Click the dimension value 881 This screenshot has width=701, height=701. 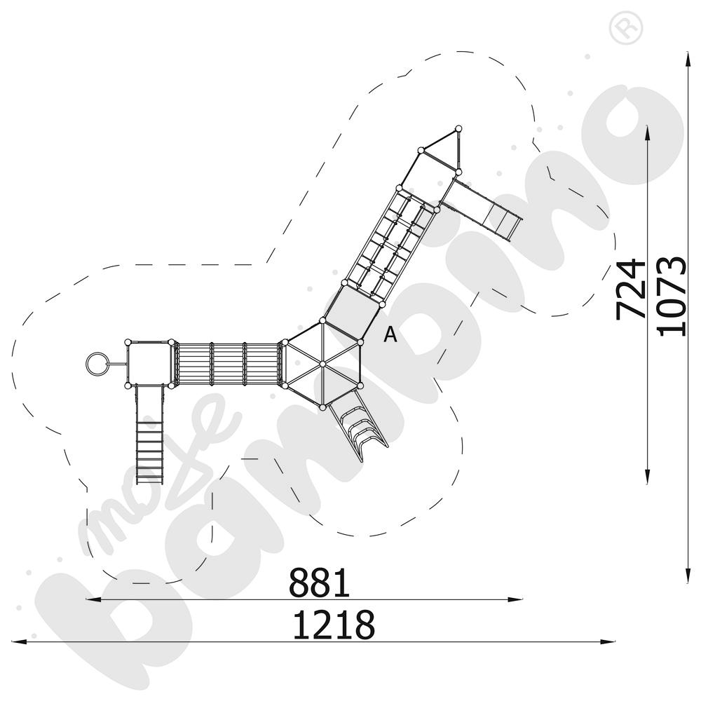click(319, 583)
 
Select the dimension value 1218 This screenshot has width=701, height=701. click(333, 625)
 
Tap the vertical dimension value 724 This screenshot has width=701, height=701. click(630, 289)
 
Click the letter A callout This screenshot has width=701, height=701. click(390, 335)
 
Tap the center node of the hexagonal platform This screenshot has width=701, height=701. click(322, 364)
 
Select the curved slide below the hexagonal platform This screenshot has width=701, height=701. click(358, 425)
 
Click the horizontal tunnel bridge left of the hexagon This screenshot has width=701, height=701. click(227, 364)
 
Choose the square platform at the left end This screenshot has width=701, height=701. click(149, 364)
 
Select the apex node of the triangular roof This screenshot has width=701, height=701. click(458, 128)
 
